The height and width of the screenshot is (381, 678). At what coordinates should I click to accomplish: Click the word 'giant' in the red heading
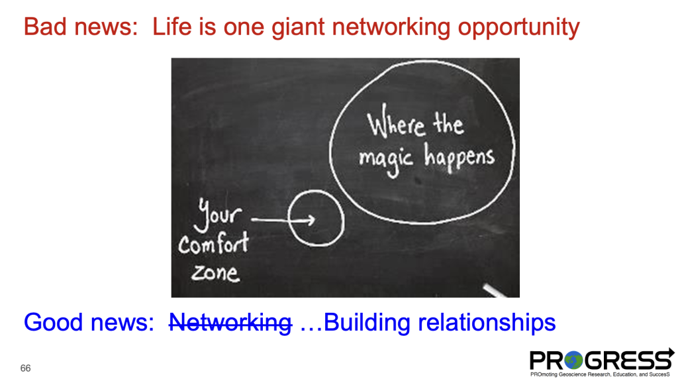(298, 27)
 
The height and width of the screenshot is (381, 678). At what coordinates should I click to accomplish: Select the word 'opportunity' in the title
(518, 28)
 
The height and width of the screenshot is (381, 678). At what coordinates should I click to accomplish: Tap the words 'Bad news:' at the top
(81, 27)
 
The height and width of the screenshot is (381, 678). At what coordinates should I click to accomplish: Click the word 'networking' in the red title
(391, 27)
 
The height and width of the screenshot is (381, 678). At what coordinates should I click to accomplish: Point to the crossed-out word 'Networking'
(230, 323)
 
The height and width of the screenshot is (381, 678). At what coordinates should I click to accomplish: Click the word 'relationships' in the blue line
(486, 323)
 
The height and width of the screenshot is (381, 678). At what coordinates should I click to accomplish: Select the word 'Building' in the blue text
(367, 323)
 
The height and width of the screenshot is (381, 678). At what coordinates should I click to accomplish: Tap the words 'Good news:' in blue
(89, 323)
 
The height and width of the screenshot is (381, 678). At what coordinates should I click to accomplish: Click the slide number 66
(26, 368)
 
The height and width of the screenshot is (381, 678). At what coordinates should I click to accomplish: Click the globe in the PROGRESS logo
(573, 360)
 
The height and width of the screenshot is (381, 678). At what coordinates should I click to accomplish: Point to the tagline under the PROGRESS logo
(600, 374)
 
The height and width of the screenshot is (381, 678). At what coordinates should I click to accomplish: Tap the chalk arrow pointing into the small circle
(283, 220)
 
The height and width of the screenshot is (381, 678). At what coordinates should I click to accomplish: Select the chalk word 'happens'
(460, 158)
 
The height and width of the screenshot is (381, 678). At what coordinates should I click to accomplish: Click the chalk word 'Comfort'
(214, 243)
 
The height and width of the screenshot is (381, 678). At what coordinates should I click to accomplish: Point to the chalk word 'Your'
(218, 215)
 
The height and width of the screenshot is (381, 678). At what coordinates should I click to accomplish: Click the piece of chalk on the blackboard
(494, 290)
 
